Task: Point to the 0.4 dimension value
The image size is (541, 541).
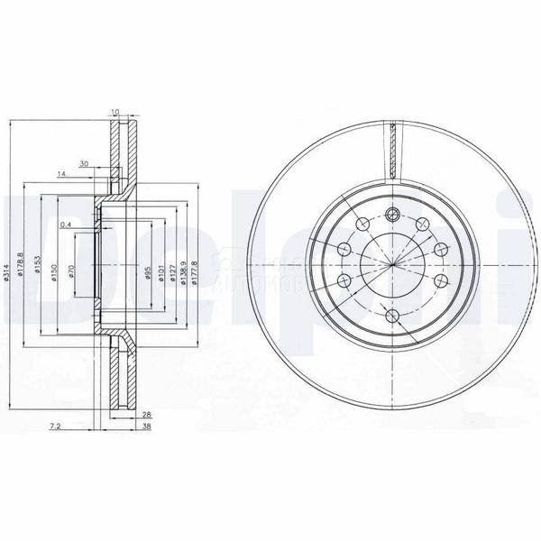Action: click(x=65, y=225)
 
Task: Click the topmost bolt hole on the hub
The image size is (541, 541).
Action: click(x=392, y=214)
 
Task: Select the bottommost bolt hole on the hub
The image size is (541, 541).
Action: click(x=392, y=316)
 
